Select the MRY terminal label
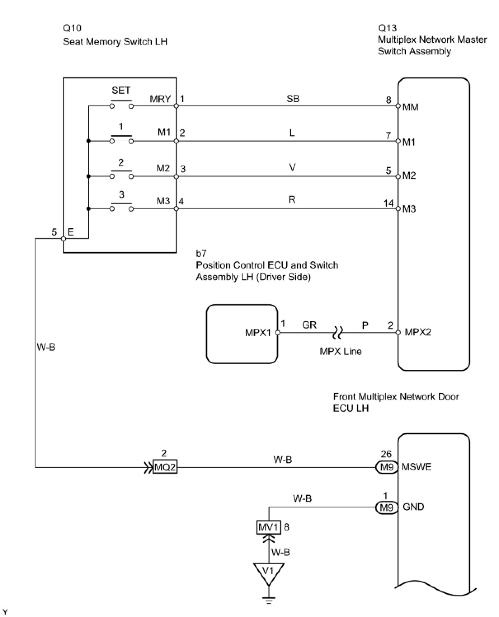[160, 99]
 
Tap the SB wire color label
[293, 99]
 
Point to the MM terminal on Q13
[410, 107]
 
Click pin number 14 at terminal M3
[388, 203]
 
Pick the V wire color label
[292, 167]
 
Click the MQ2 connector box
[165, 467]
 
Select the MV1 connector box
[268, 527]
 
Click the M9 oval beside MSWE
[386, 467]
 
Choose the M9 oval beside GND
[386, 507]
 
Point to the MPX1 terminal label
[258, 332]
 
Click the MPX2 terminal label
[418, 332]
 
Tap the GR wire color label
[309, 325]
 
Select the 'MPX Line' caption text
[341, 351]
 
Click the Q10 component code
[72, 28]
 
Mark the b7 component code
[201, 253]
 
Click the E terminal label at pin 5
[71, 232]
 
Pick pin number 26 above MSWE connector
[386, 454]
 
